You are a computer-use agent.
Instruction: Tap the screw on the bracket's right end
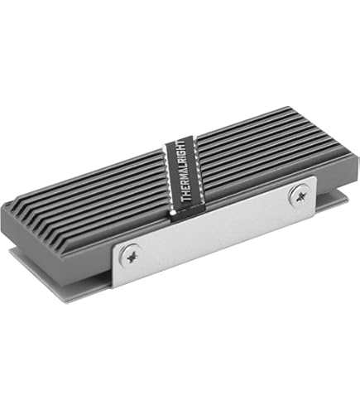click(x=300, y=194)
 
